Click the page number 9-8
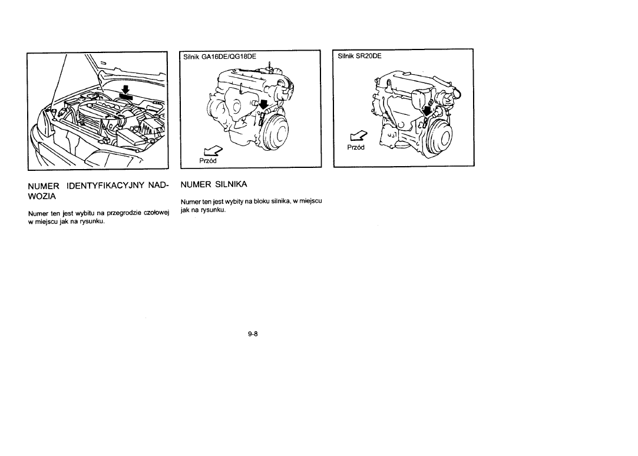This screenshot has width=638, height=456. [x=253, y=334]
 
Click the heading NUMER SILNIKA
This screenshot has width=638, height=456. [x=214, y=184]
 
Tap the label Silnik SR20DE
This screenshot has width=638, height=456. [x=360, y=56]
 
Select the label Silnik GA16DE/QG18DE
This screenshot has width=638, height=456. [x=220, y=57]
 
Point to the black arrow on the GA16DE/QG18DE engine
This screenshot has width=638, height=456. [x=264, y=105]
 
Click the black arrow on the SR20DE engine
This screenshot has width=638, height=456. [x=427, y=110]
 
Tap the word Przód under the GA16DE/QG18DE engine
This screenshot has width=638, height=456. [x=208, y=161]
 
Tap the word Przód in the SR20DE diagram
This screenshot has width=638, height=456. [x=356, y=147]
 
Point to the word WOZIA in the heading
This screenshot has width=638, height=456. [x=42, y=196]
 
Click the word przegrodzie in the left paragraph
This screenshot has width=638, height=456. [x=120, y=213]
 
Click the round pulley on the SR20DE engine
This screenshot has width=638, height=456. [x=439, y=136]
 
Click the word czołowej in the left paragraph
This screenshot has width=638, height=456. [x=153, y=213]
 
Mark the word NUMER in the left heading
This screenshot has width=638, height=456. [x=44, y=186]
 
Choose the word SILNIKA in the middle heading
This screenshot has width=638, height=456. [x=231, y=184]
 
